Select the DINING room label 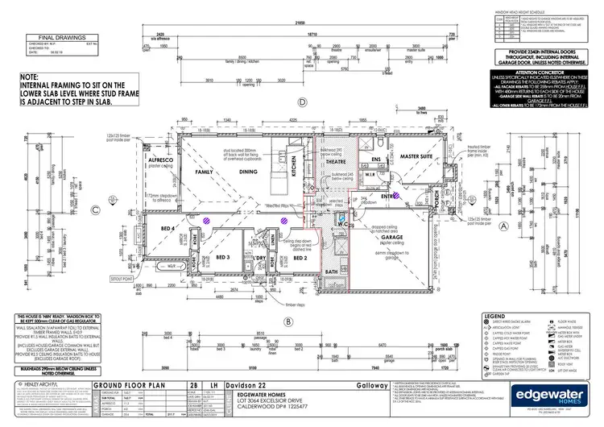point(249,172)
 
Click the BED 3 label point(223,257)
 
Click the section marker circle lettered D point(303,102)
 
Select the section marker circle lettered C point(95,210)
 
